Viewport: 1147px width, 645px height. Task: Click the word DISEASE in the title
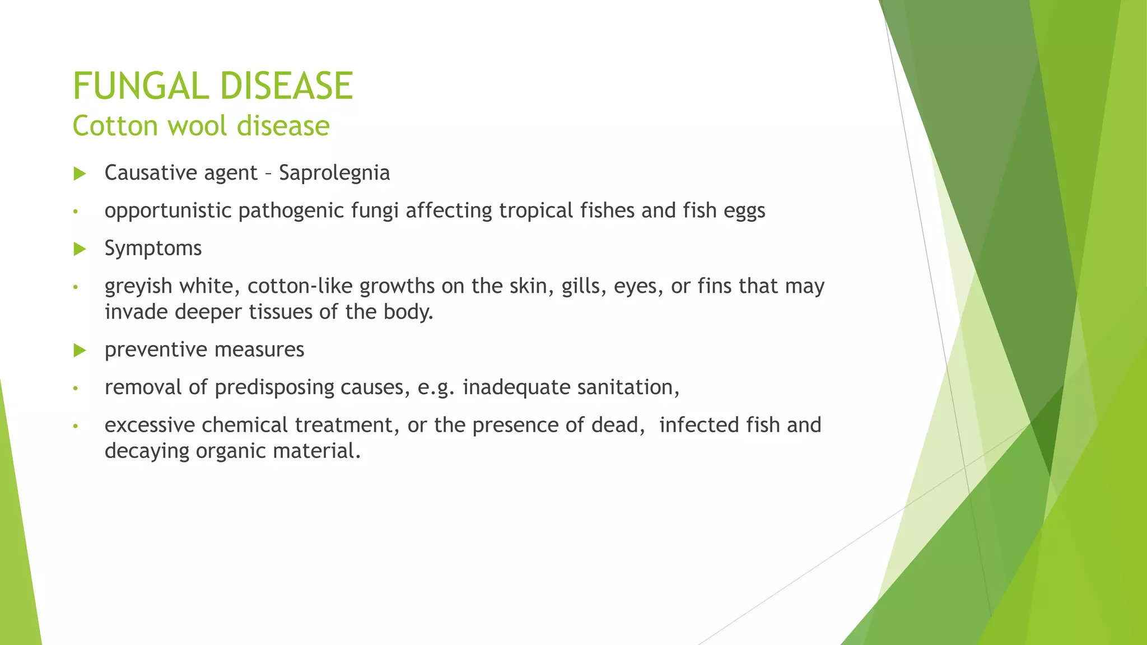pyautogui.click(x=286, y=87)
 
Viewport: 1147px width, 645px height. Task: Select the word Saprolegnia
pyautogui.click(x=334, y=173)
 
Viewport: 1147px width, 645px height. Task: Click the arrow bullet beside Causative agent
pyautogui.click(x=80, y=174)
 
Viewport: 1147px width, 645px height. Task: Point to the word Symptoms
pyautogui.click(x=153, y=248)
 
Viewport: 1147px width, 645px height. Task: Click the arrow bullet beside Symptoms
pyautogui.click(x=80, y=249)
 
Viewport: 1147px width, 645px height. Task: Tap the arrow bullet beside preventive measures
pyautogui.click(x=80, y=350)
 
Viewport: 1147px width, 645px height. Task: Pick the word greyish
pyautogui.click(x=138, y=287)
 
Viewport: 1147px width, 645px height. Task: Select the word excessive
pyautogui.click(x=150, y=425)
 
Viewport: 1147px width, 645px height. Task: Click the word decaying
pyautogui.click(x=147, y=451)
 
